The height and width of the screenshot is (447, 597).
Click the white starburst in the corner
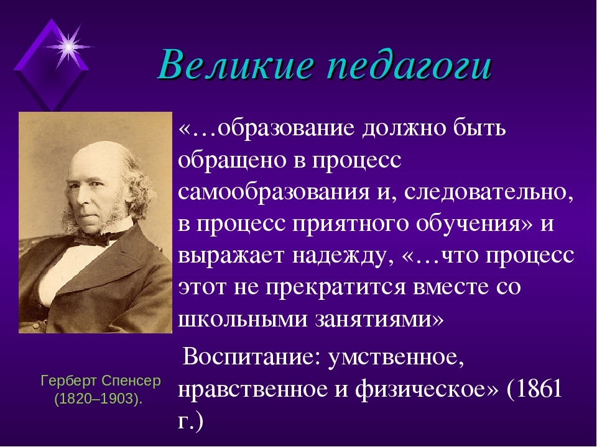click(68, 47)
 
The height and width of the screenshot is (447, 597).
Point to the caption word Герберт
click(68, 381)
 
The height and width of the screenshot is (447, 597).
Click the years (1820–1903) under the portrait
click(98, 399)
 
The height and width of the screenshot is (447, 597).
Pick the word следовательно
click(489, 192)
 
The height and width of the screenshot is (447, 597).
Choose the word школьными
click(243, 319)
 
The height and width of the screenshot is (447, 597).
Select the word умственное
click(396, 358)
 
